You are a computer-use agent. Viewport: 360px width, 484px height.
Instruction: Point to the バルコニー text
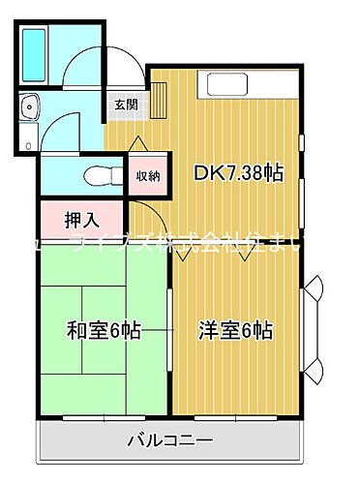170,441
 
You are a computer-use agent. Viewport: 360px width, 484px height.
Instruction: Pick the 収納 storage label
148,174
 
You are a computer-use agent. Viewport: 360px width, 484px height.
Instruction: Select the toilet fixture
97,175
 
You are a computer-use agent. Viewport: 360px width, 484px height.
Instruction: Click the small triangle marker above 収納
145,141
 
